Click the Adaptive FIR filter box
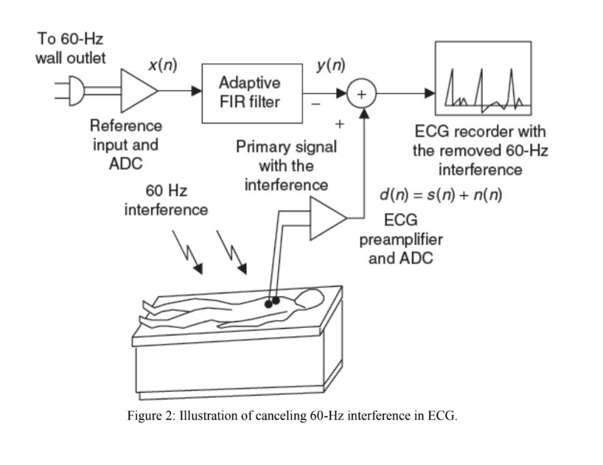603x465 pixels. (249, 92)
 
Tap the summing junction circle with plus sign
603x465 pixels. (362, 94)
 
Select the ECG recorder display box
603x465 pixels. (483, 78)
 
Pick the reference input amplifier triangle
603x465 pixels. (138, 92)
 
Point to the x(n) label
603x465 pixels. (161, 65)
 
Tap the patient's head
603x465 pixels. (310, 298)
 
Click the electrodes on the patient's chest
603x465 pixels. (272, 301)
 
